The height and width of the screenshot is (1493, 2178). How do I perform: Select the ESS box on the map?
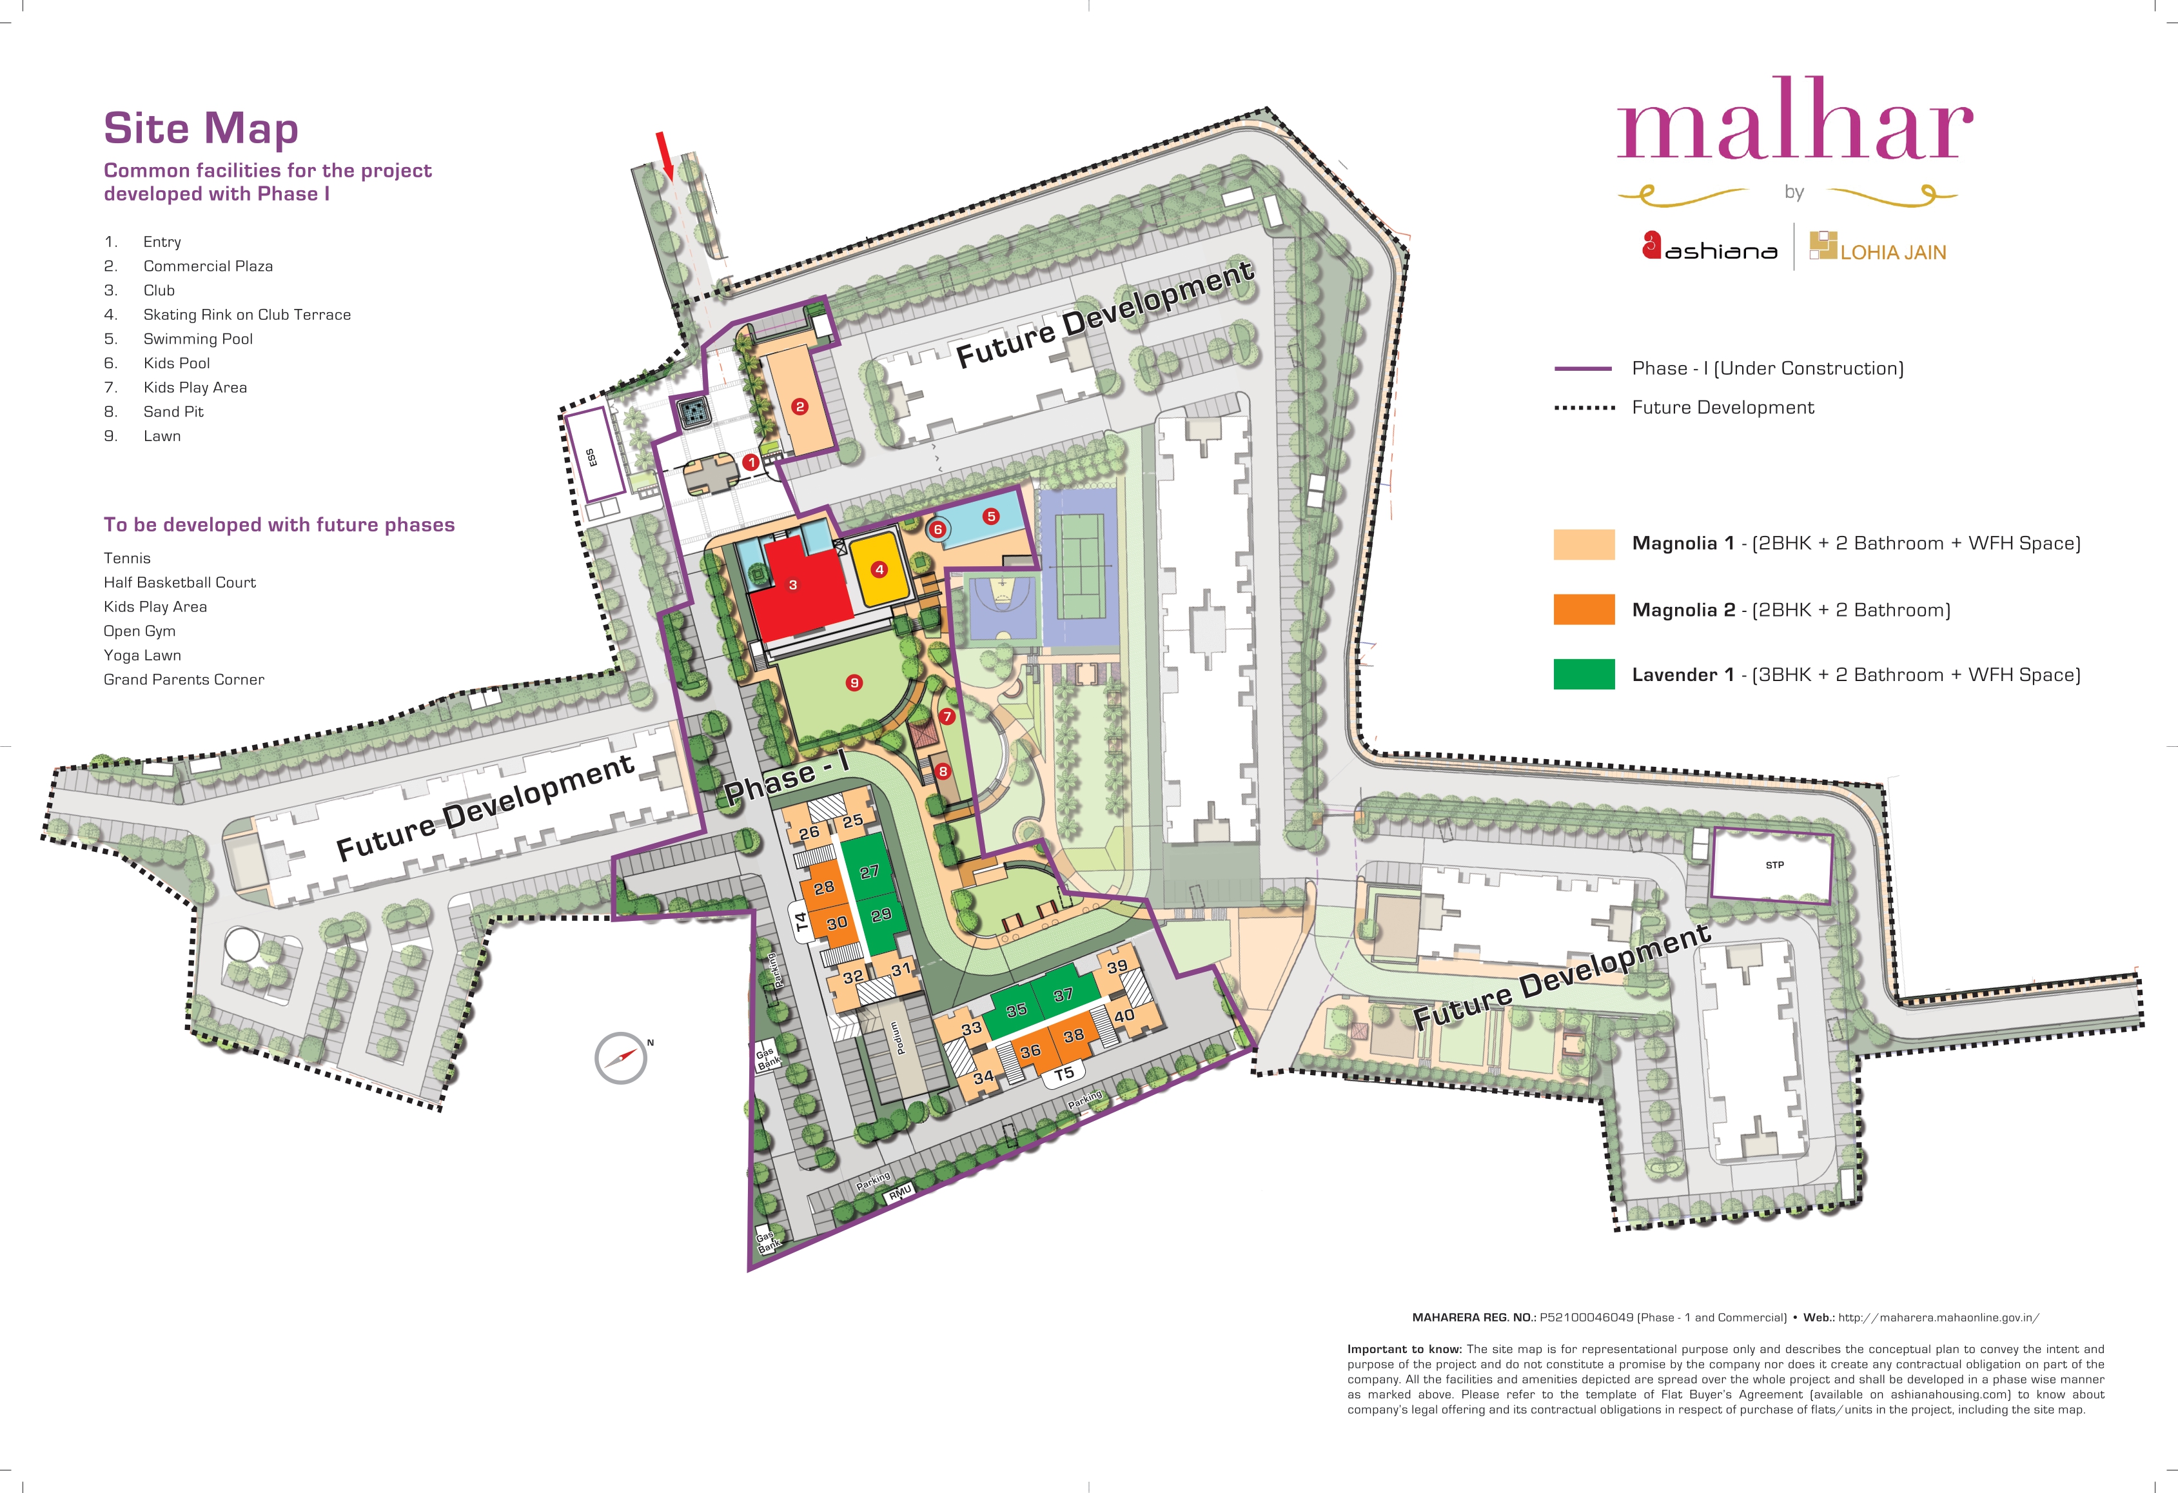(594, 453)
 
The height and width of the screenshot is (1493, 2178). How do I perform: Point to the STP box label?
(1774, 865)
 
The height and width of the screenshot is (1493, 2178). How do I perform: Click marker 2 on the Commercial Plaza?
(800, 407)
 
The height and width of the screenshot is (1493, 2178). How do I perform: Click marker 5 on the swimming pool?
(990, 517)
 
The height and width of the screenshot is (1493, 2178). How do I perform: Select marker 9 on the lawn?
(854, 682)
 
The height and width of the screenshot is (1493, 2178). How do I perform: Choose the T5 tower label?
(1064, 1074)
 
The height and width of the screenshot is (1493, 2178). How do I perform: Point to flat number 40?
(1124, 1016)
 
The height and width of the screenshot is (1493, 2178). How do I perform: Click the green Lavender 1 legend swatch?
(1584, 674)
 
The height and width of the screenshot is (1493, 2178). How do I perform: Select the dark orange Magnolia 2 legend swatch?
(1584, 609)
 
